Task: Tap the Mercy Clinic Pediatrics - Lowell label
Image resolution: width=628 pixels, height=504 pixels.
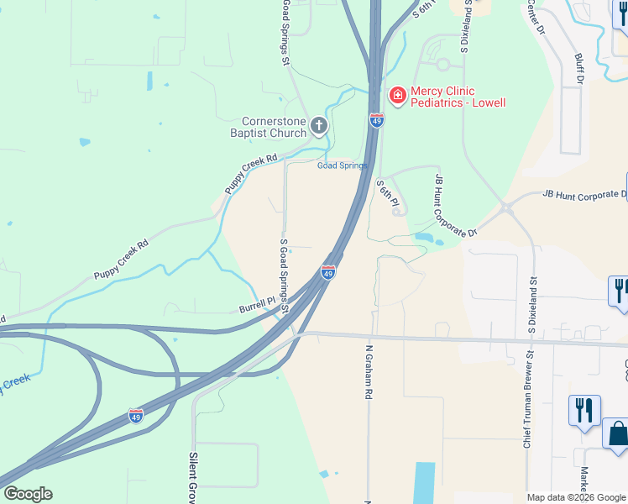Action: (458, 97)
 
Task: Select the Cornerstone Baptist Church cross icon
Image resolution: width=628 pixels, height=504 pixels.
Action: (318, 127)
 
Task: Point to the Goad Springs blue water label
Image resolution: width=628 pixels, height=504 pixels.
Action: (342, 165)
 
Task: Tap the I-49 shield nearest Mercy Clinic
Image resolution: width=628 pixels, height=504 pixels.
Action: (376, 121)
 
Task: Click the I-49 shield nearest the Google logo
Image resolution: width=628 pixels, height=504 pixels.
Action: (136, 415)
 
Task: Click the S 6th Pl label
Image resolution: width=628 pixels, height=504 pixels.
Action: (386, 194)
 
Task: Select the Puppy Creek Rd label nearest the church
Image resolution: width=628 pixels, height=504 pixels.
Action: (250, 174)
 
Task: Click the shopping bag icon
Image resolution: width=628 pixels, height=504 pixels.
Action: (618, 433)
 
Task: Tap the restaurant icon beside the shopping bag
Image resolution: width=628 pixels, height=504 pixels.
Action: (584, 411)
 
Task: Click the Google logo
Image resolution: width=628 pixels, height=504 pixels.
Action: (28, 494)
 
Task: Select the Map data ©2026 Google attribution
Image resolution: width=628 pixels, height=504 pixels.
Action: (576, 497)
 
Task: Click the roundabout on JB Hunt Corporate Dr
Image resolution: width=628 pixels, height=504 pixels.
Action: (506, 207)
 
